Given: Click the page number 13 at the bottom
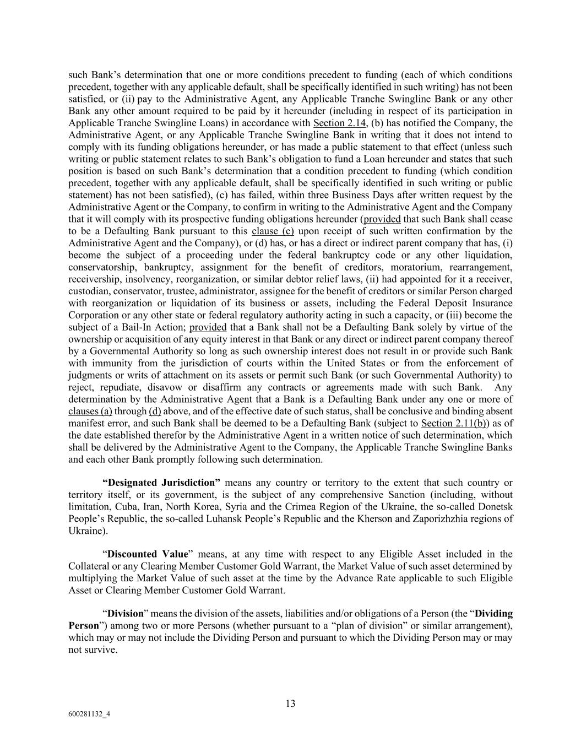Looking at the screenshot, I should point(290,704).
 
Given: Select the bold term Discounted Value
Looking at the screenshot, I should point(148,554).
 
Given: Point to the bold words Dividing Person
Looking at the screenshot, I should point(494,614).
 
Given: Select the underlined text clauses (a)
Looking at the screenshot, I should point(90,411).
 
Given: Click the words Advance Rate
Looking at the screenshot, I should point(394,578).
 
